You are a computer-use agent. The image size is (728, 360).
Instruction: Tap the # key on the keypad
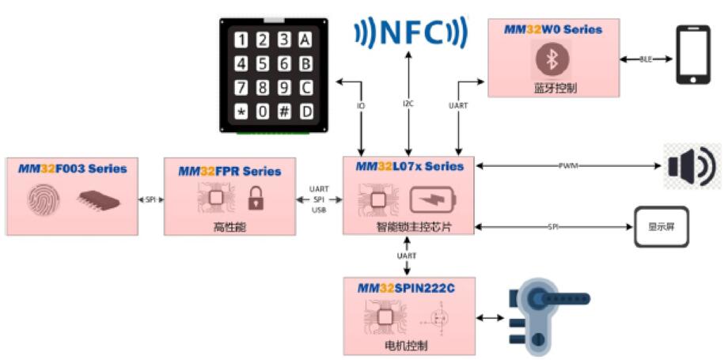(284, 112)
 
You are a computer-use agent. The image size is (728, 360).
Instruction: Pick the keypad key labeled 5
(263, 64)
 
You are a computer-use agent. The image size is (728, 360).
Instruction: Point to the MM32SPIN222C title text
(406, 288)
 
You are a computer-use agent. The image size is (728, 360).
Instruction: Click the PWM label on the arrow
(567, 166)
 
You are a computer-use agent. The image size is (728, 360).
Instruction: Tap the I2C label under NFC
(408, 104)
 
